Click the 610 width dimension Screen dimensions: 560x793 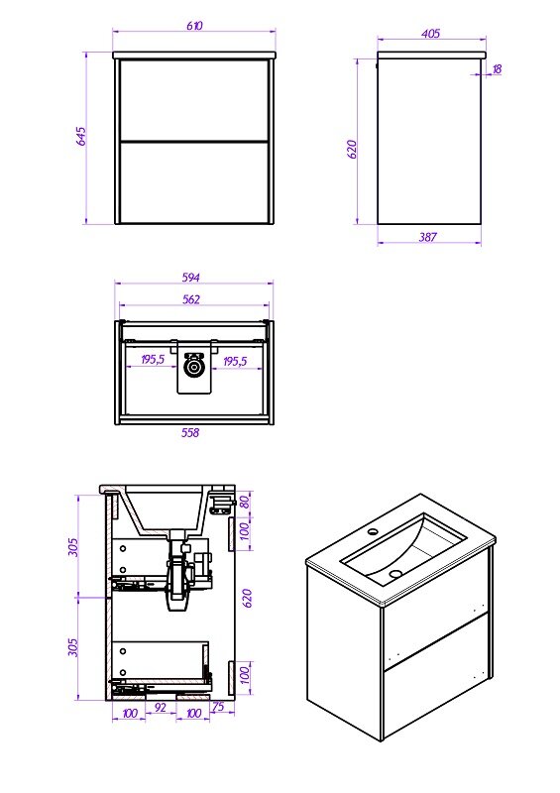[x=194, y=26]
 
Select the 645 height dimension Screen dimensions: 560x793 [x=81, y=136]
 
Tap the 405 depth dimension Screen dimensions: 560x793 [x=430, y=34]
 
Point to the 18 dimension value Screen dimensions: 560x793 [x=497, y=68]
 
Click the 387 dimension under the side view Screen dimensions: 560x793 [x=428, y=236]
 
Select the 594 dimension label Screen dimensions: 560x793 [x=190, y=278]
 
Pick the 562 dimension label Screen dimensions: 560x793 [x=190, y=299]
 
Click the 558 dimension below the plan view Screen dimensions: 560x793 [x=190, y=432]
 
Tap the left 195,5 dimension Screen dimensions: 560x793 [x=153, y=360]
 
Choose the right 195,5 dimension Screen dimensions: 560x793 [x=235, y=361]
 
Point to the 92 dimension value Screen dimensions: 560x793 [x=161, y=708]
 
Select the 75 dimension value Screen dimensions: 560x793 [x=218, y=707]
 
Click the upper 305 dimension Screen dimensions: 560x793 [x=73, y=547]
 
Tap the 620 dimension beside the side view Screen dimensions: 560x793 [x=352, y=150]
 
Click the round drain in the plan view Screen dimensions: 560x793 [x=192, y=367]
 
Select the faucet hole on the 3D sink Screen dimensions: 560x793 [x=374, y=531]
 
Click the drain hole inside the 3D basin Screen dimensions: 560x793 [x=395, y=574]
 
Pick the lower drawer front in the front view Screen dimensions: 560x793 [x=193, y=182]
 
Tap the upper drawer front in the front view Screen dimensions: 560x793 [x=193, y=99]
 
